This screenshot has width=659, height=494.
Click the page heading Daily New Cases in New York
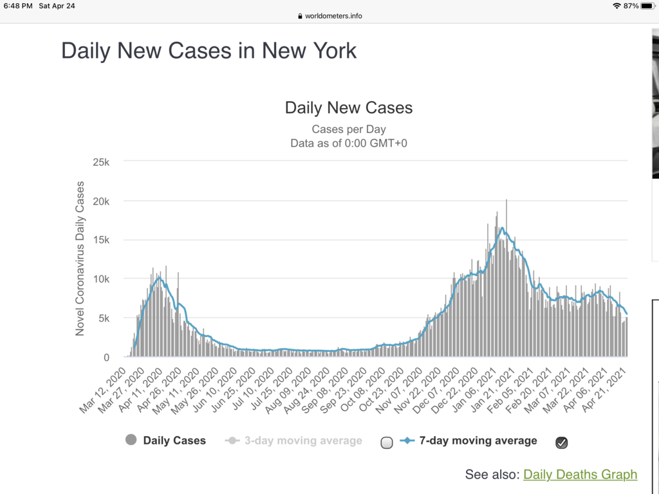point(209,51)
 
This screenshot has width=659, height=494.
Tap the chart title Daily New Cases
point(348,107)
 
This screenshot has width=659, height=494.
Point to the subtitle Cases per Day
point(348,129)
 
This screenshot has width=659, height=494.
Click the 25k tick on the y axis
point(101,162)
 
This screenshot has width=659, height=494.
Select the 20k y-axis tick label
point(101,201)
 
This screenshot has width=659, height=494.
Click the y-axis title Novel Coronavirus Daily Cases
point(80,259)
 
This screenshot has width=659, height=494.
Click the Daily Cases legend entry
point(165,441)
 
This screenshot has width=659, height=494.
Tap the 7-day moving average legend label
point(478,441)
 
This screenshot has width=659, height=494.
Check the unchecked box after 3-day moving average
point(387,443)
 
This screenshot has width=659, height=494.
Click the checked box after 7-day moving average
point(561,443)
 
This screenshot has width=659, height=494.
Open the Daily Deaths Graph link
point(580,475)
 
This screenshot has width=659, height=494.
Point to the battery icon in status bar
point(647,6)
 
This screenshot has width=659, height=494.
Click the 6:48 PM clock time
point(18,6)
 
